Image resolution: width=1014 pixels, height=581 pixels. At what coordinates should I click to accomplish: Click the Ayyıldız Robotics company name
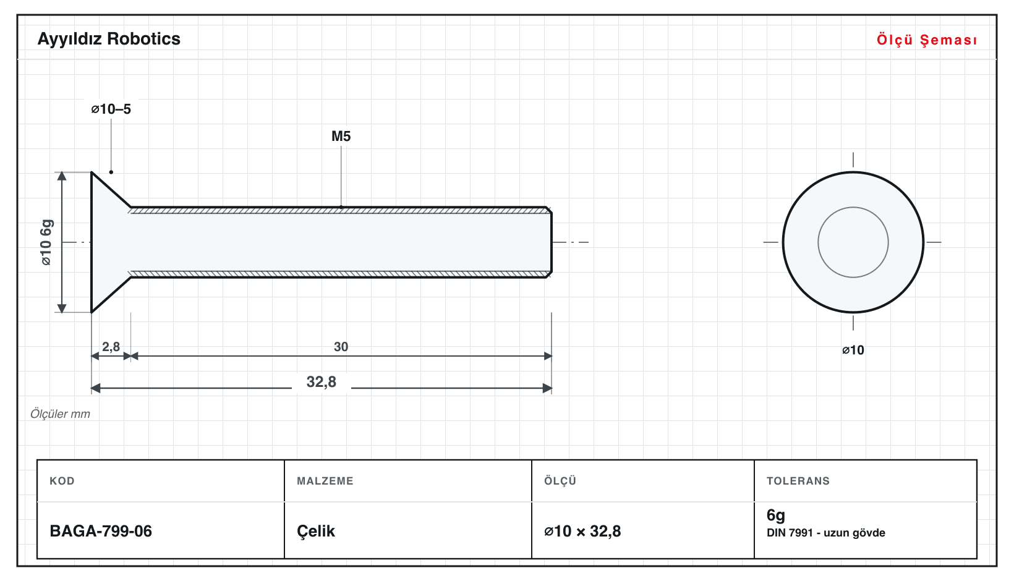click(109, 40)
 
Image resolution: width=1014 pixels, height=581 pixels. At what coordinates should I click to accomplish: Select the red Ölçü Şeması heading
click(927, 40)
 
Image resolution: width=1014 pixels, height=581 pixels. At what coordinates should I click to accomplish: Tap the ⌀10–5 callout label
click(111, 109)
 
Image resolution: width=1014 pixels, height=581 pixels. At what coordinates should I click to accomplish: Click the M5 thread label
click(341, 136)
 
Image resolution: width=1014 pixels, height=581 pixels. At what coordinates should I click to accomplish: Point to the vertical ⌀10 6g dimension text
click(46, 242)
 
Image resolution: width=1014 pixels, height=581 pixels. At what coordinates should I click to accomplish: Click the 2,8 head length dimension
click(111, 347)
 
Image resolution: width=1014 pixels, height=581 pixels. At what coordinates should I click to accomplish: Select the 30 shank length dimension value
click(341, 347)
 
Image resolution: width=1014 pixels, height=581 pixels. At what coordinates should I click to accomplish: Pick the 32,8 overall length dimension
click(322, 382)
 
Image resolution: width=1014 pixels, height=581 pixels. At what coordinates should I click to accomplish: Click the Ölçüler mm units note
click(60, 414)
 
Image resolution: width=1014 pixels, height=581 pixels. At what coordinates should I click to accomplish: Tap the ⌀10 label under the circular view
click(853, 350)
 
